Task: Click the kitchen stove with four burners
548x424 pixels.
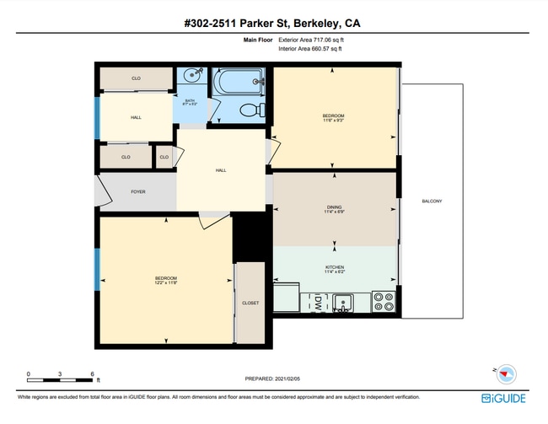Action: (384, 302)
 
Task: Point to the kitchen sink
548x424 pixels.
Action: (343, 301)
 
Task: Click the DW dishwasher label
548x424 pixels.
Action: (318, 301)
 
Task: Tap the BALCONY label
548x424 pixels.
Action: (432, 201)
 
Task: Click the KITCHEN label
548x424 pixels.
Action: (335, 267)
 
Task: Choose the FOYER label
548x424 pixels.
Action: (137, 191)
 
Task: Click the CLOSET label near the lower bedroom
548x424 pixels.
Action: (250, 303)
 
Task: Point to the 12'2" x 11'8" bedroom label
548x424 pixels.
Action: (165, 280)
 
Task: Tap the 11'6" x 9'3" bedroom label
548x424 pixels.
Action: (334, 117)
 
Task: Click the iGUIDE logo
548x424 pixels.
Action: (504, 398)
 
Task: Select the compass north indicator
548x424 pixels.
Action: (505, 372)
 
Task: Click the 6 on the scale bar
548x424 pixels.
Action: (91, 373)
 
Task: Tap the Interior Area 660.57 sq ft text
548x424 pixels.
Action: (309, 49)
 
